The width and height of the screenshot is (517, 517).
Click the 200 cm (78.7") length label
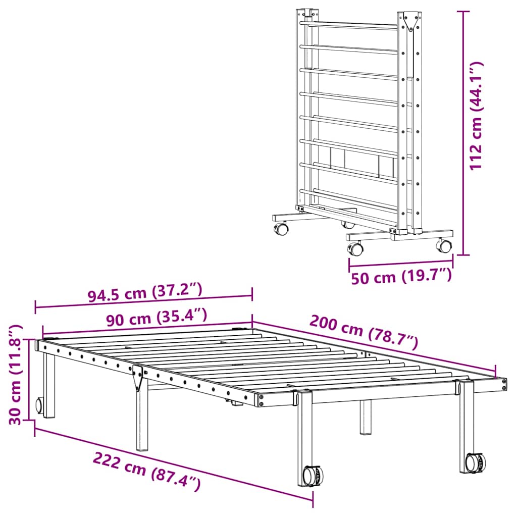point(364,332)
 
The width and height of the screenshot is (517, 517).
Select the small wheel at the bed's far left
point(39,405)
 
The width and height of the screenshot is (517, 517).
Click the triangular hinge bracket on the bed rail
point(137,378)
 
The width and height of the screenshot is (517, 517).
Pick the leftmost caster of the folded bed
point(281,229)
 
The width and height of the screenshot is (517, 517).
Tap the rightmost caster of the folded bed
point(444,246)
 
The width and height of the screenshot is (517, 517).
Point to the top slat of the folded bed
point(348,23)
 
